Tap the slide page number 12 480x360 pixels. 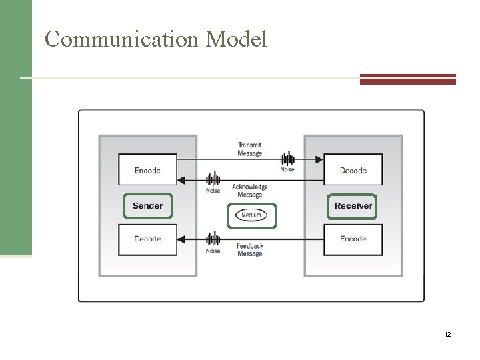coord(447,333)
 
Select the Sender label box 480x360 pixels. coord(147,206)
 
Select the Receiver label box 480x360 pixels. coord(353,206)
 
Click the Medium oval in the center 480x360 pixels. coord(251,215)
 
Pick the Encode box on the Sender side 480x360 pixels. coord(147,170)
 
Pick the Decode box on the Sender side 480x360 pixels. coord(147,239)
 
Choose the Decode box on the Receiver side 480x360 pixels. coord(353,170)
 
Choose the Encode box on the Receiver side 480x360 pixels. coord(353,239)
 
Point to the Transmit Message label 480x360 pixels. coord(249,149)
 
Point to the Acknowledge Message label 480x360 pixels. coord(250,191)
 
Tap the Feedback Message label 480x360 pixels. coord(250,250)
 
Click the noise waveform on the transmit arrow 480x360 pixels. coord(287,159)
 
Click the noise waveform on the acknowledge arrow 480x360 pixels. coord(213,179)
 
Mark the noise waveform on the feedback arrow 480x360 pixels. coord(213,239)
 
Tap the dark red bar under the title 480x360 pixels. coord(407,79)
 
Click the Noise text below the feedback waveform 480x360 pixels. coord(213,251)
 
